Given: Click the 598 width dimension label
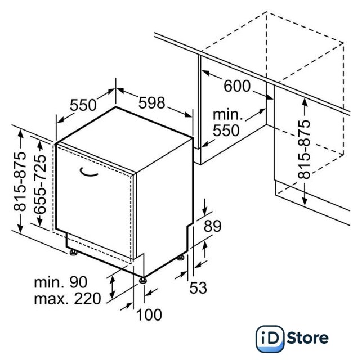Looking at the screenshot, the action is tap(151, 102).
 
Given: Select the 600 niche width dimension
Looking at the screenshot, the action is tap(237, 86).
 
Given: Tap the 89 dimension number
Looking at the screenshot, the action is tap(212, 226).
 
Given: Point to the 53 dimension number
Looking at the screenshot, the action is tap(198, 288).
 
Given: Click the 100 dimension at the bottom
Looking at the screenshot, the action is tap(149, 314).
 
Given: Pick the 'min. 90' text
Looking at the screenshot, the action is tap(61, 282).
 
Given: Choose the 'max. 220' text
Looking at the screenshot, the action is tap(68, 299).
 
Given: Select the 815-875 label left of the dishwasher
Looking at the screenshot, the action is tap(20, 182).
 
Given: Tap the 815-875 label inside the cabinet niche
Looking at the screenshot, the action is tap(304, 150).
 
